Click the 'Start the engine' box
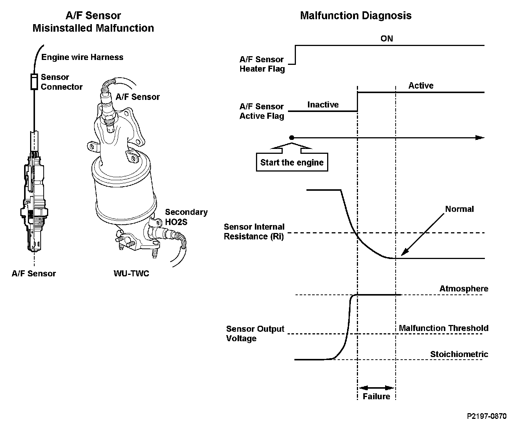(292, 162)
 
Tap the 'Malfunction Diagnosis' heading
(355, 16)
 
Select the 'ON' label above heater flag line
(387, 38)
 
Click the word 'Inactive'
(323, 105)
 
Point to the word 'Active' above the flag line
(420, 86)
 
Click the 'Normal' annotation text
(459, 209)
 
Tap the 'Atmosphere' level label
(463, 289)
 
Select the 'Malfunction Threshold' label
(443, 328)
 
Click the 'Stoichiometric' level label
(459, 354)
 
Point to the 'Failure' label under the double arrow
(376, 396)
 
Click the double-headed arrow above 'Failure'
(376, 388)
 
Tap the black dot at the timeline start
(291, 138)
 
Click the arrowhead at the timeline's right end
(480, 138)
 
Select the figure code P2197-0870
(486, 416)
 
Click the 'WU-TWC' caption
(131, 273)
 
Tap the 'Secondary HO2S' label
(186, 217)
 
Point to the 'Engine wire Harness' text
(82, 57)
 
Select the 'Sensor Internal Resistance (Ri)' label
(254, 231)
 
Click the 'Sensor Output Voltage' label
(255, 334)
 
